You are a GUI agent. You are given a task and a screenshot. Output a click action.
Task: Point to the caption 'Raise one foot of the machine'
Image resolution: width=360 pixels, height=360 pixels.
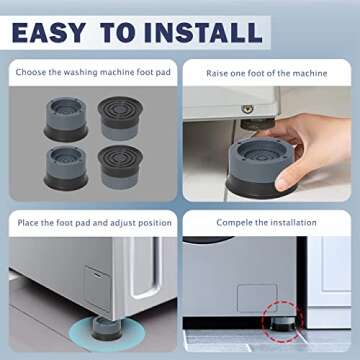pos(267,74)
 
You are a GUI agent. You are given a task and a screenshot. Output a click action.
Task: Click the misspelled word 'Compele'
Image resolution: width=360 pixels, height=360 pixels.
pos(237,222)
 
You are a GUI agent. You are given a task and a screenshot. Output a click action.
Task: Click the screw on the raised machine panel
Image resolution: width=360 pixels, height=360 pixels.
pos(244,108)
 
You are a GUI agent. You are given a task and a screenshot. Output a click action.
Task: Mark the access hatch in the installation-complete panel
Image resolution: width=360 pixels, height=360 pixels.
pos(257,297)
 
